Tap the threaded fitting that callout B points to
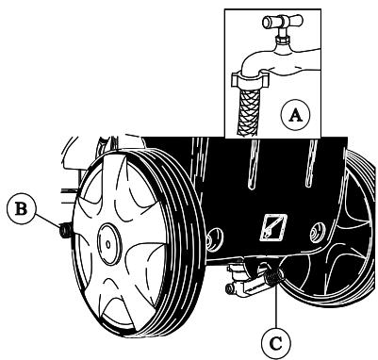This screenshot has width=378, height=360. (x=64, y=229)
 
